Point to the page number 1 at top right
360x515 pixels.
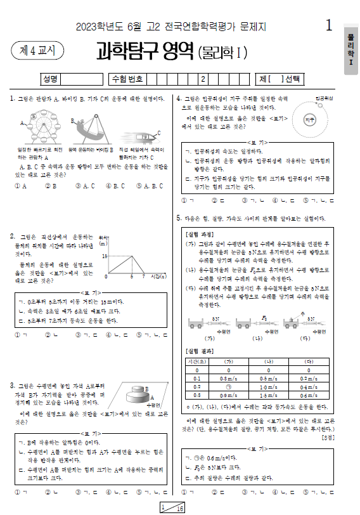[328, 25]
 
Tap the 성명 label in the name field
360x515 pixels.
[49, 79]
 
